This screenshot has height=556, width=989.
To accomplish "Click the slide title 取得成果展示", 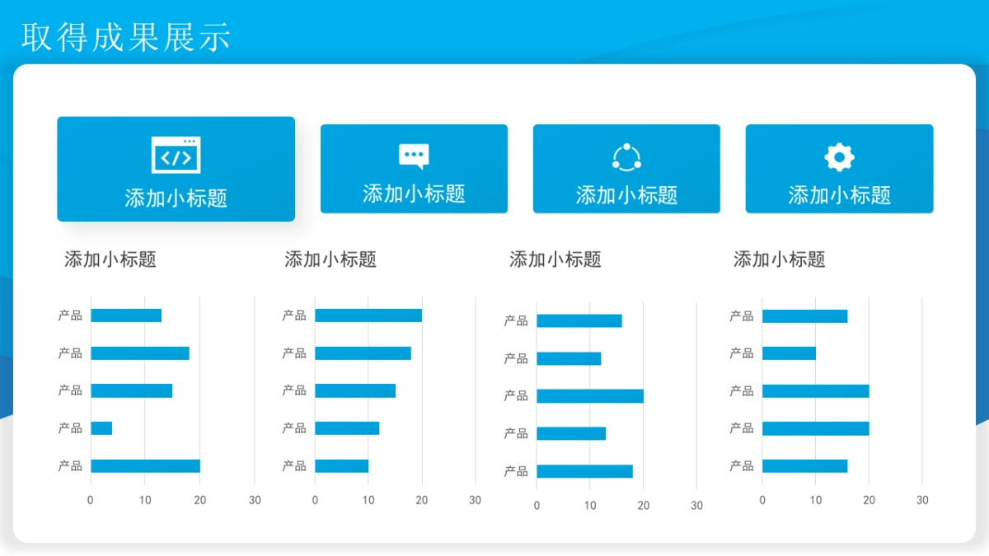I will [126, 37].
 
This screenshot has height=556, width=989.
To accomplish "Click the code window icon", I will [176, 155].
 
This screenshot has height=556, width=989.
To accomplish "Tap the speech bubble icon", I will [414, 156].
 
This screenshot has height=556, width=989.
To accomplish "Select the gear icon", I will [839, 157].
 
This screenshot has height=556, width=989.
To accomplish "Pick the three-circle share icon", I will [626, 157].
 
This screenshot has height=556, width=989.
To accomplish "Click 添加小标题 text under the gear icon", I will [839, 195].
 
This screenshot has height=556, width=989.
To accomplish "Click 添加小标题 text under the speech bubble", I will [414, 194].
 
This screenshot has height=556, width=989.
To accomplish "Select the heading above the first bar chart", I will [110, 259].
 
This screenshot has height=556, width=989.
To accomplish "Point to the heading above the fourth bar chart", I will [779, 259].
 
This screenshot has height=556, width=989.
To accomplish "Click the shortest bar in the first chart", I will [101, 428].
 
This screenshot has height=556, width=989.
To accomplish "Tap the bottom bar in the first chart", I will [145, 466].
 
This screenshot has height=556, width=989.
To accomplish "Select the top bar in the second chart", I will [368, 315].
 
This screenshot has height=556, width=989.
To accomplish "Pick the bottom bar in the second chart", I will [341, 466].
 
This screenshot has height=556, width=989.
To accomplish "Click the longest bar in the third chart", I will [589, 396].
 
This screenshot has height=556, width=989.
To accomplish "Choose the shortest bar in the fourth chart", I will [789, 353].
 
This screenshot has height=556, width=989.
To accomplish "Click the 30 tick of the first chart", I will [255, 500].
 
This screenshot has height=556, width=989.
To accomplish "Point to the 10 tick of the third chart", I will [590, 505].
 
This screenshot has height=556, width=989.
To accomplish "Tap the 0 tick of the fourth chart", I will [762, 500].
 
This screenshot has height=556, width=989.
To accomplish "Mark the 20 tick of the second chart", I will [422, 500].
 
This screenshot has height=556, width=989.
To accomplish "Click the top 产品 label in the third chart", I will [516, 321].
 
